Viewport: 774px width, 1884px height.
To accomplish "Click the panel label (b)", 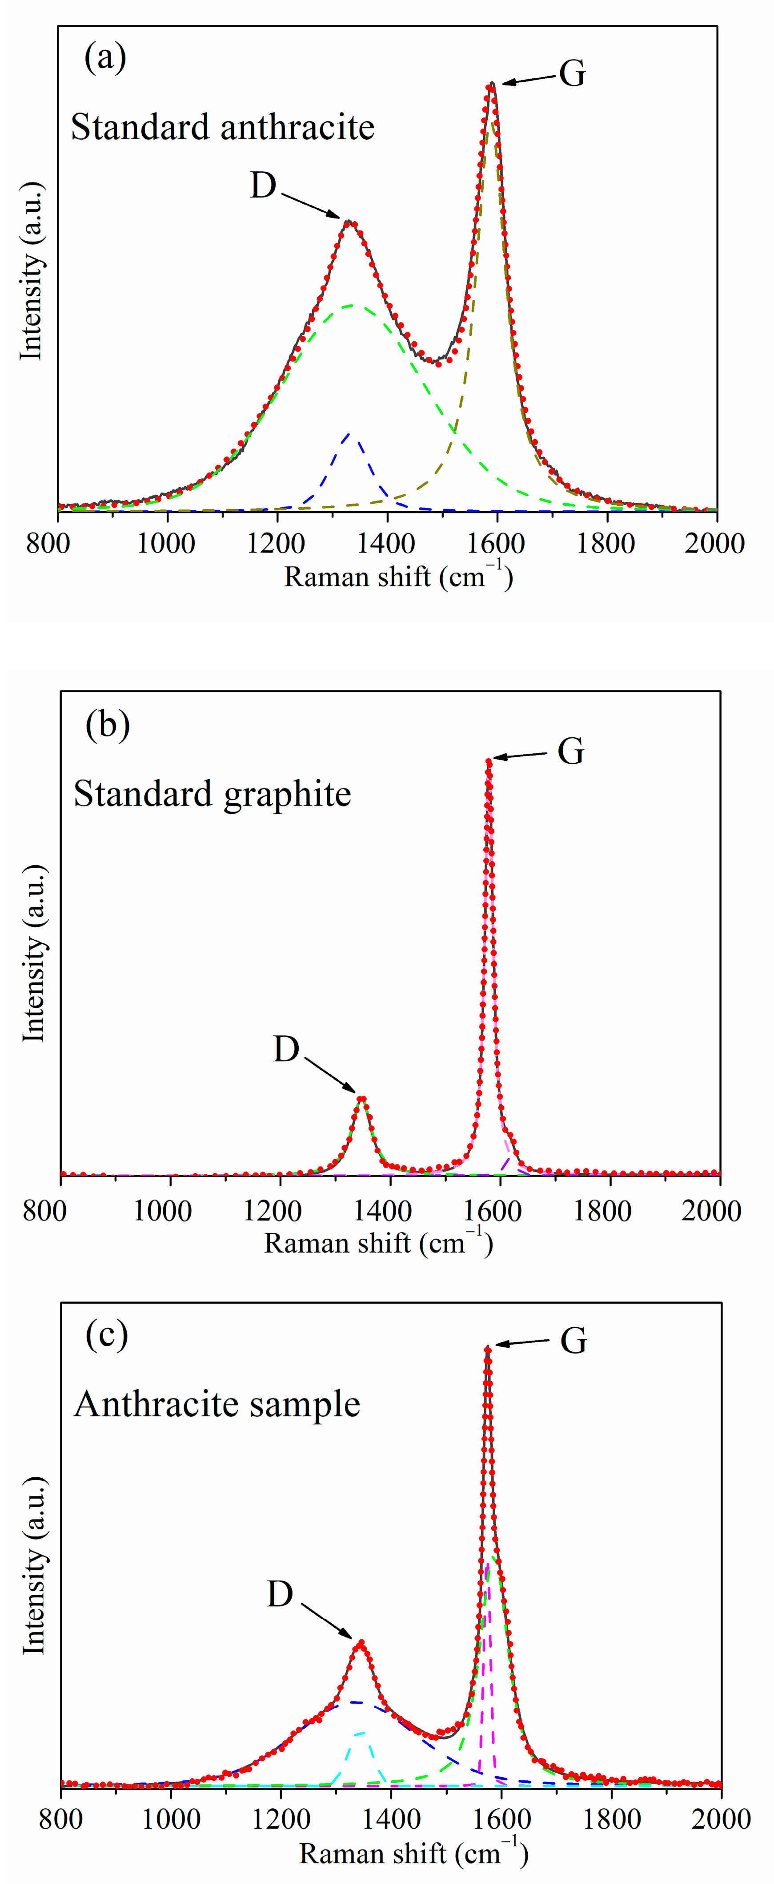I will pyautogui.click(x=108, y=725).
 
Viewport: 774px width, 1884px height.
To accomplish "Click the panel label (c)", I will pyautogui.click(x=107, y=1335).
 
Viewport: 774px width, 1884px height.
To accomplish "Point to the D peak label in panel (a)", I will pyautogui.click(x=263, y=186).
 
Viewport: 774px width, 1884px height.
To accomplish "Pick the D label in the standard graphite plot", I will pyautogui.click(x=286, y=1050).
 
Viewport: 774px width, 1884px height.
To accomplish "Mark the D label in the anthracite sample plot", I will pyautogui.click(x=280, y=1594).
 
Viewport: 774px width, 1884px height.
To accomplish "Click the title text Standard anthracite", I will pyautogui.click(x=223, y=127).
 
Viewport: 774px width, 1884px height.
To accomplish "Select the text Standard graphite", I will pyautogui.click(x=213, y=794).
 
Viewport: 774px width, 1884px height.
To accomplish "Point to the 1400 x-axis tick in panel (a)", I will pyautogui.click(x=387, y=543).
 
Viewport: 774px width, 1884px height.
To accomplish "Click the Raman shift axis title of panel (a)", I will pyautogui.click(x=398, y=578).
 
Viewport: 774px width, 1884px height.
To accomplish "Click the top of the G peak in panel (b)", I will pyautogui.click(x=488, y=760).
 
